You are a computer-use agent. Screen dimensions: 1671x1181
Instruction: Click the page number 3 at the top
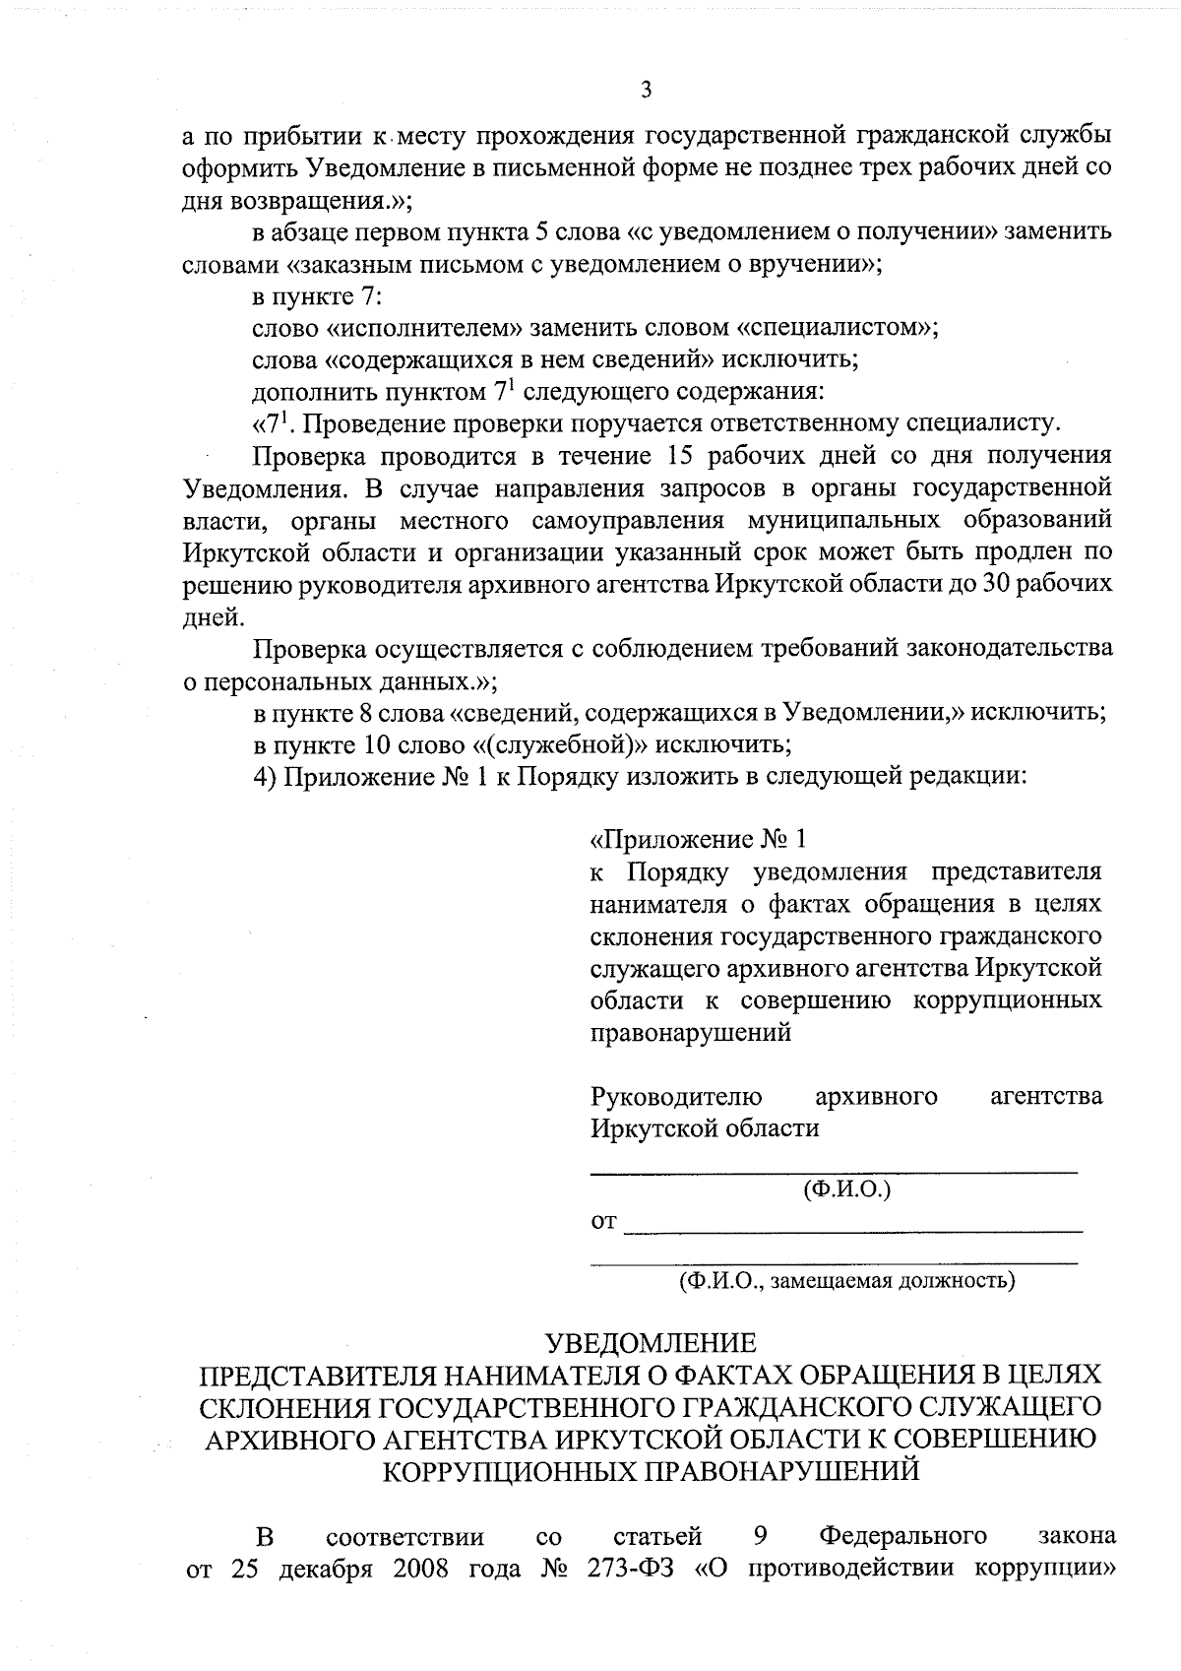click(x=646, y=91)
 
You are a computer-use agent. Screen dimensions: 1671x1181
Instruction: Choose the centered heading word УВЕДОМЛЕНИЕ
click(x=652, y=1343)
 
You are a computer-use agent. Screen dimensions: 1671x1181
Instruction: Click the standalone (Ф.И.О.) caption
click(x=847, y=1189)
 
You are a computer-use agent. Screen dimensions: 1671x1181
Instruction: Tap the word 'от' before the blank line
click(x=603, y=1223)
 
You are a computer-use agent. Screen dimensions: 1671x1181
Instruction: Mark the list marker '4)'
click(x=265, y=776)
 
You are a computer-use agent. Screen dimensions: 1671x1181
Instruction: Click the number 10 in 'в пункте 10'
click(x=355, y=743)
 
